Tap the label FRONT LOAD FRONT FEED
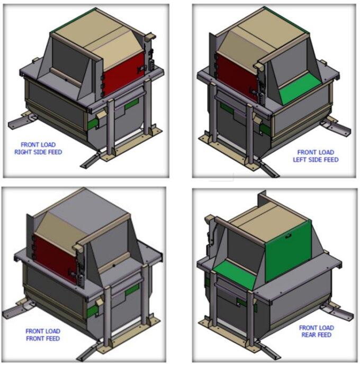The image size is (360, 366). tap(42, 335)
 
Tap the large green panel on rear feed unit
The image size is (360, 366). tap(289, 251)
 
